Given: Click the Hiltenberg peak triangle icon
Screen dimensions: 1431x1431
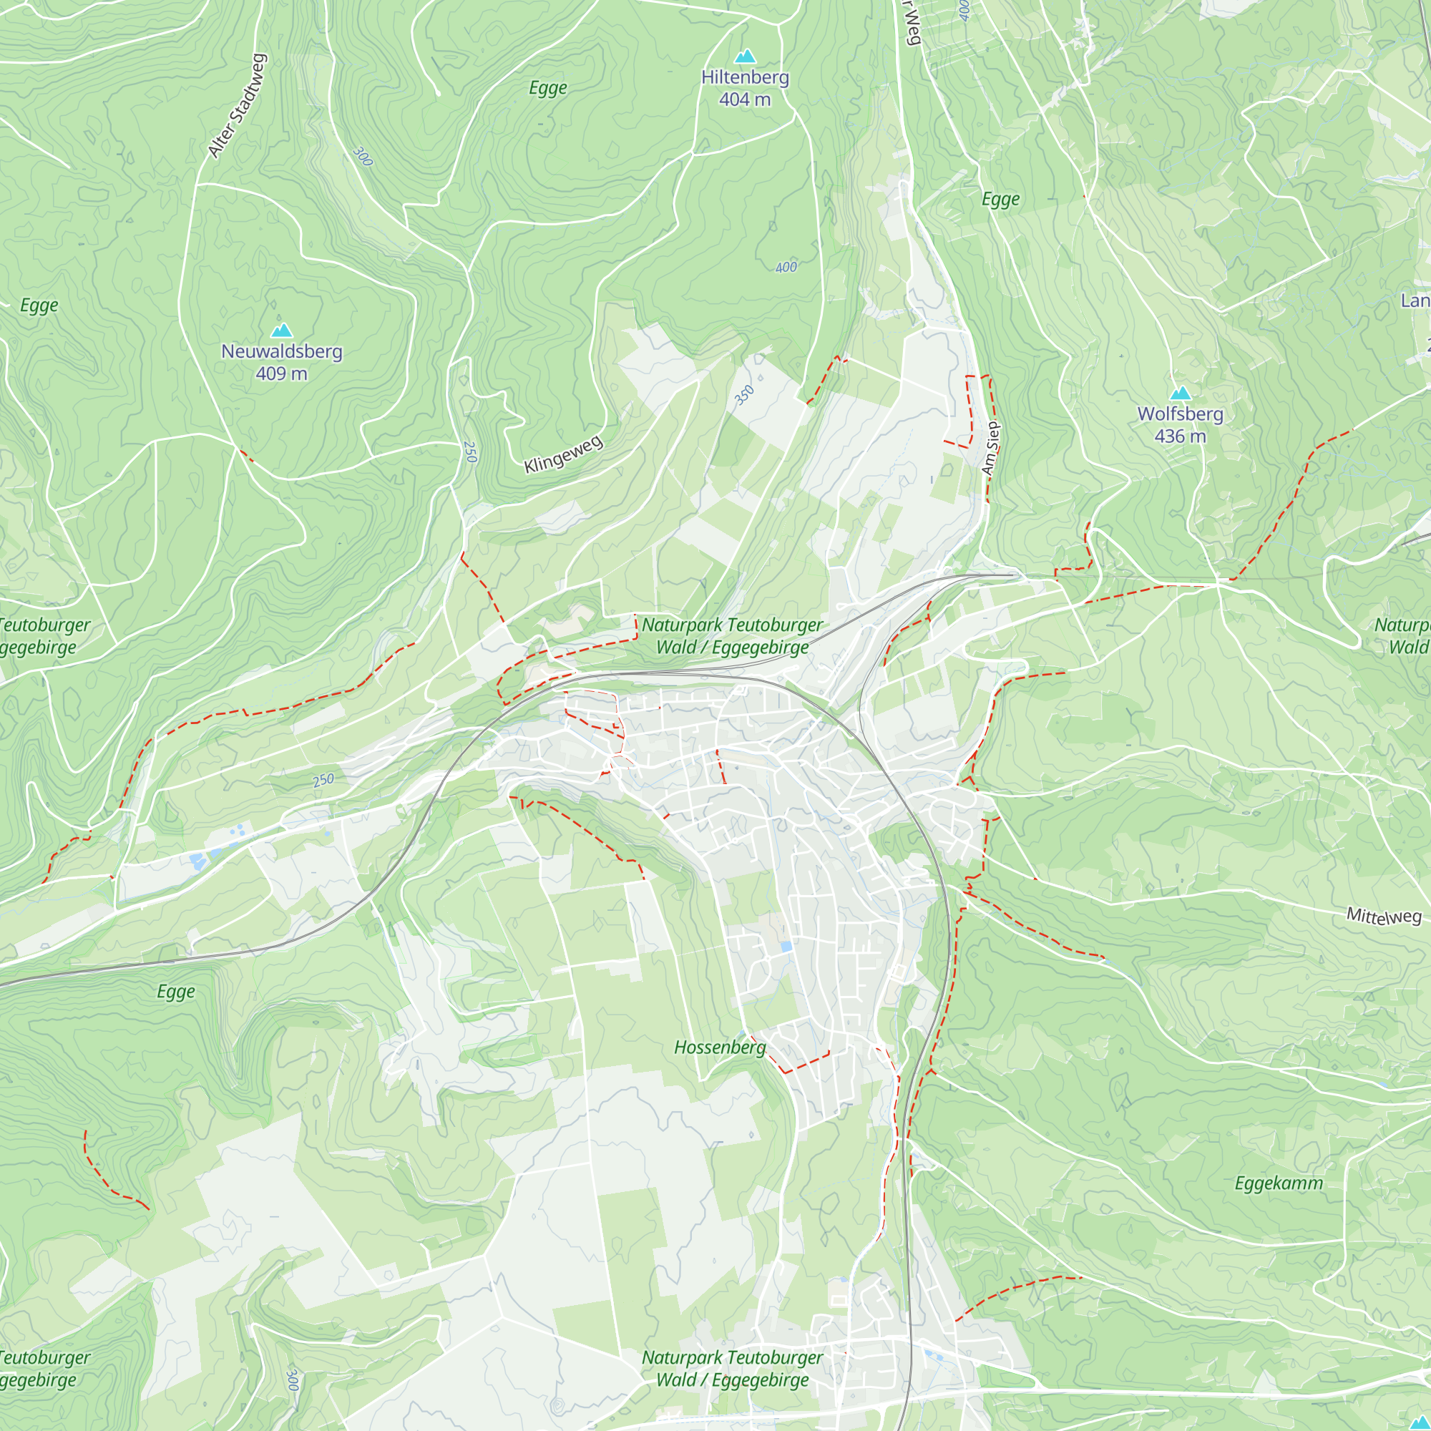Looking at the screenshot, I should (x=744, y=57).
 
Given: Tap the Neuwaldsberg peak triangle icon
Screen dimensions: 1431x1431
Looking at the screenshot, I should (x=281, y=331).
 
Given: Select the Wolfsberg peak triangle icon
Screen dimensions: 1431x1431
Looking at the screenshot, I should (x=1180, y=394).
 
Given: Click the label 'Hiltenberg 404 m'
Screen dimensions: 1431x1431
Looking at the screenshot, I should (x=745, y=88).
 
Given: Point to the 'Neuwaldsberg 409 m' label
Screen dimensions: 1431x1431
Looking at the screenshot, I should (x=281, y=362).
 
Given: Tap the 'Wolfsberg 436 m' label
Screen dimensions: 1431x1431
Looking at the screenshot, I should (x=1180, y=425).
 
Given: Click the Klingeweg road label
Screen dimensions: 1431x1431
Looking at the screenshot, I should (x=564, y=455).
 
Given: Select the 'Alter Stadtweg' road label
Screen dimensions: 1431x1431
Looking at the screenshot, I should (x=236, y=106).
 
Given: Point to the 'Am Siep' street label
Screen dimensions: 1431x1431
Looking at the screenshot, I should (x=990, y=448).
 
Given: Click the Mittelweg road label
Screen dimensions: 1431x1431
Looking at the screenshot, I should (x=1384, y=917).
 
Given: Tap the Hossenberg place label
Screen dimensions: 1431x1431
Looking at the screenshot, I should (x=720, y=1047).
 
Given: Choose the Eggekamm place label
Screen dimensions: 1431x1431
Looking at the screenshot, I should (x=1279, y=1183).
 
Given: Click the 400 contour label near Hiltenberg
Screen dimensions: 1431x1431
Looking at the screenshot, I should (x=786, y=268).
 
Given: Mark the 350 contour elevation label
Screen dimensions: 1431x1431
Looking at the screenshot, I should (x=743, y=396).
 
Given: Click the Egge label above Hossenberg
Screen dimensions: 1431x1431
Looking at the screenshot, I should (x=175, y=992).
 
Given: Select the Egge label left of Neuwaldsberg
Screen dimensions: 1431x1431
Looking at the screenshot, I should (x=39, y=306).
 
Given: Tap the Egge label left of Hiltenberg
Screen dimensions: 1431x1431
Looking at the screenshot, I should (x=548, y=88).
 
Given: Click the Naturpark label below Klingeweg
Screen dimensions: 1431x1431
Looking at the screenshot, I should (x=732, y=635).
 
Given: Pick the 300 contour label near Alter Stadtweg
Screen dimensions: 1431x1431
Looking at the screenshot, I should (x=362, y=156).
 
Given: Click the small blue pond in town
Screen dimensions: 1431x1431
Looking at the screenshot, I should (x=786, y=947).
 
